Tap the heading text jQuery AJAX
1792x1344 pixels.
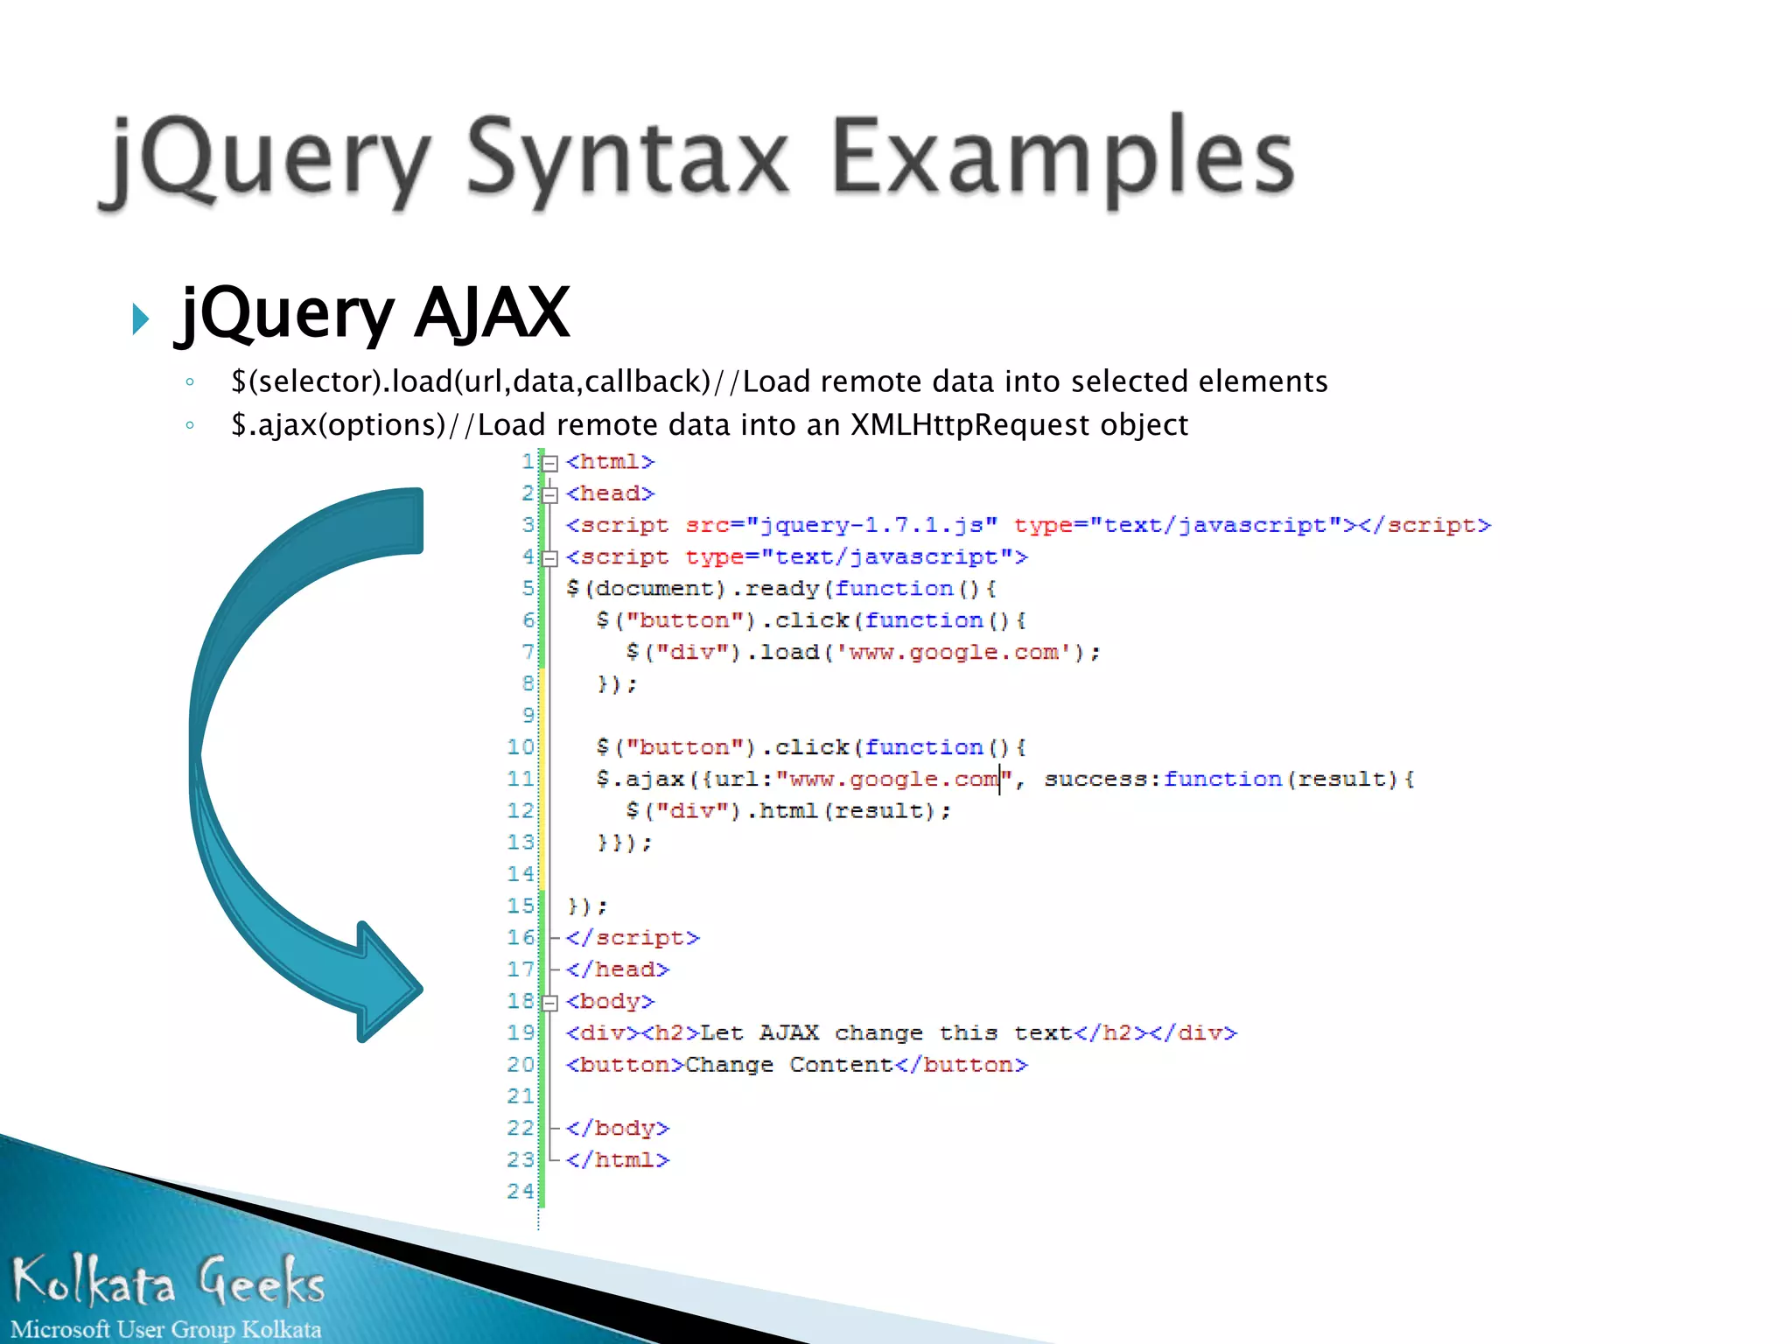[x=374, y=313]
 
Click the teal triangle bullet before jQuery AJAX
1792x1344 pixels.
[x=140, y=318]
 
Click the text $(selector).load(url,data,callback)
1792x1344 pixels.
[x=470, y=382]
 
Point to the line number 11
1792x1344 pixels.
[x=520, y=779]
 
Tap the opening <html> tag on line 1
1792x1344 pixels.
[x=610, y=462]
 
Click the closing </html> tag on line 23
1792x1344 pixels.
[x=617, y=1160]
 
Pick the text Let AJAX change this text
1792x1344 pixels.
[x=885, y=1033]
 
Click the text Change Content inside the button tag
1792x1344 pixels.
[x=788, y=1065]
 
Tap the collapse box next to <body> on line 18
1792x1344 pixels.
[x=549, y=1003]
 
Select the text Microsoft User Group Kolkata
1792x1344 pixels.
[x=166, y=1329]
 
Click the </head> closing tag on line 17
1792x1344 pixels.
[x=617, y=969]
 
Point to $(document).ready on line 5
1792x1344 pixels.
[x=691, y=589]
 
